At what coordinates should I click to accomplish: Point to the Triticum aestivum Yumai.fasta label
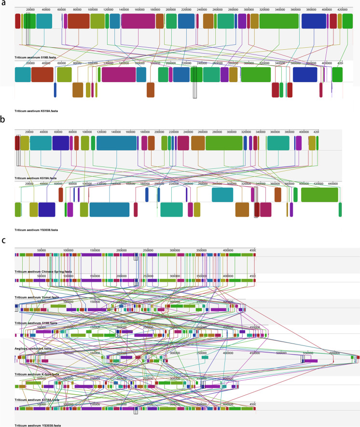coord(37,297)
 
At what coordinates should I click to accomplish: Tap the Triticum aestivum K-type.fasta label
coord(37,373)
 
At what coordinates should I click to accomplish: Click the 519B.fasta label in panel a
coord(32,57)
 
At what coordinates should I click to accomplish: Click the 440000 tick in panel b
coord(333,183)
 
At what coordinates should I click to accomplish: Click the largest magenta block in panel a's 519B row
coord(138,21)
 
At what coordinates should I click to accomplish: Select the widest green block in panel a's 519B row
coord(278,21)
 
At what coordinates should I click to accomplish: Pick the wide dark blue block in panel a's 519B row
coord(314,21)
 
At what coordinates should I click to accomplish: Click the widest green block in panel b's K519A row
coord(224,143)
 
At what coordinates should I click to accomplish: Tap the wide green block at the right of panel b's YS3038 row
coord(319,194)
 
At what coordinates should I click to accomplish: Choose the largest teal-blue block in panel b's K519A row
coord(116,143)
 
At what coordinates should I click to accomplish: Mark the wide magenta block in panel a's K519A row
coord(119,74)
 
